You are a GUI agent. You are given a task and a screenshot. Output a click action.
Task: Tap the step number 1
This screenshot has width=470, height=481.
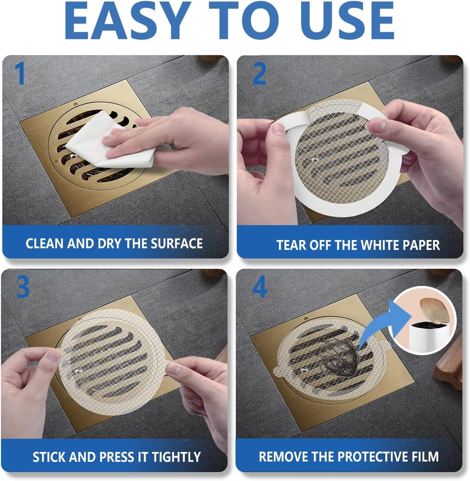[x=19, y=74]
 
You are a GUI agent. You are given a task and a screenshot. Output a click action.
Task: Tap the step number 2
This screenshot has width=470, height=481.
[x=259, y=74]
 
